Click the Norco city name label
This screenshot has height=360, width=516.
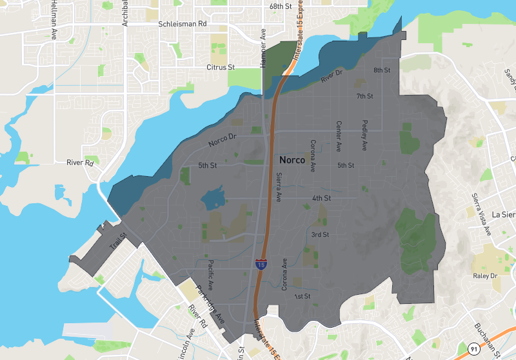coord(293,159)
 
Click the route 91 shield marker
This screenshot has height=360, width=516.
coord(474,349)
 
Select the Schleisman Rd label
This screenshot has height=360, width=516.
coord(182,24)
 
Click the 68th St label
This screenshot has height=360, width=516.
coord(281,6)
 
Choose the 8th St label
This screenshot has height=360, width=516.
coord(382,70)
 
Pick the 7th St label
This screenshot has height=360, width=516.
coord(365,96)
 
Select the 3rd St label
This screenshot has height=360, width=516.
coord(320,234)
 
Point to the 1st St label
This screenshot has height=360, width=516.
coord(303,296)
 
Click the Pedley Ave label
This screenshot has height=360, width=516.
coord(364,135)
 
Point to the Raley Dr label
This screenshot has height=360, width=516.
coord(486,275)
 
